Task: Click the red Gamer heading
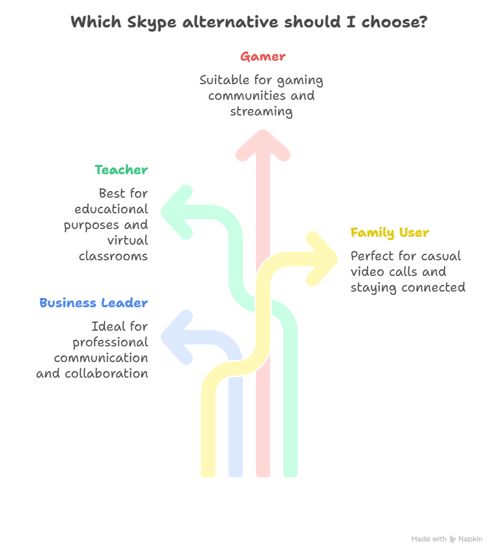[262, 57]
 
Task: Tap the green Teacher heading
[121, 170]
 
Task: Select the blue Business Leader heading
[93, 303]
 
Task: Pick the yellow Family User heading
[390, 233]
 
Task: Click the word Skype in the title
[152, 22]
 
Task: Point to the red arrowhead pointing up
[263, 145]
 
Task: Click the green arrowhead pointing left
[177, 212]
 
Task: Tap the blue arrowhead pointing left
[177, 337]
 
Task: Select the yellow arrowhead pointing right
[322, 259]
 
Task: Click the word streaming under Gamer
[261, 112]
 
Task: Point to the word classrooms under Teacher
[113, 256]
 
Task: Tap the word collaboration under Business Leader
[106, 373]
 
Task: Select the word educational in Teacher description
[111, 209]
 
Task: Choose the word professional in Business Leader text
[110, 342]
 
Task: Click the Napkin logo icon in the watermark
[452, 539]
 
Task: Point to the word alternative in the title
[230, 22]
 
